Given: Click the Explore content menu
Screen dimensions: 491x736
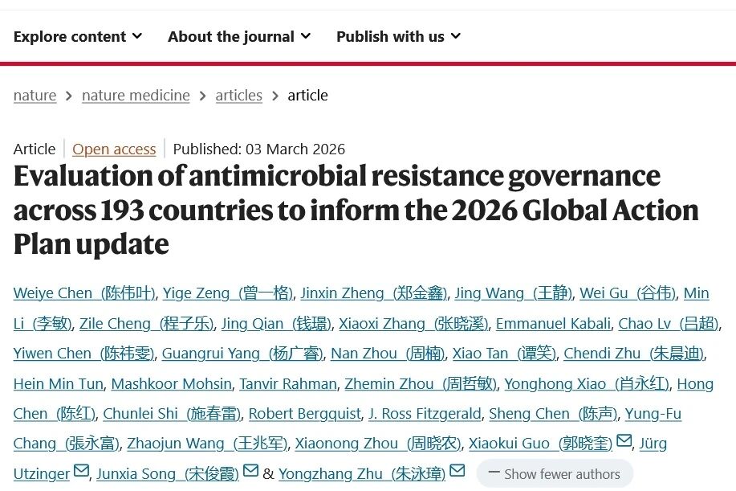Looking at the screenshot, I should coord(77,37).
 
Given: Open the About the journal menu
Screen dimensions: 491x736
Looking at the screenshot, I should coord(238,37).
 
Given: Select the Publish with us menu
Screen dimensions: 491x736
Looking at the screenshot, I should coord(398,37).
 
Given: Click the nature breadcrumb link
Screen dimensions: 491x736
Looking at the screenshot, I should coord(35,96).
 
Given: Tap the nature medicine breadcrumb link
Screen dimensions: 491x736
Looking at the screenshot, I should coord(136,96).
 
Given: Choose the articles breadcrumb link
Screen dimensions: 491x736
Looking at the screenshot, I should coord(238,96).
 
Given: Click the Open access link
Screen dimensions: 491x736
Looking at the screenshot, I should coord(114,149).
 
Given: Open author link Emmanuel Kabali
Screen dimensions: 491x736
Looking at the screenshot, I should coord(554,324).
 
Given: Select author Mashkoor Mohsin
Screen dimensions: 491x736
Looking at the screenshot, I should coord(171,384).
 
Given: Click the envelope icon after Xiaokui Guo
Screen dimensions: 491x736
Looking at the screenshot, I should coord(624,441).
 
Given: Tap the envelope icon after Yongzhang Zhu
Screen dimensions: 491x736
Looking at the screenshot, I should coord(457,471).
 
